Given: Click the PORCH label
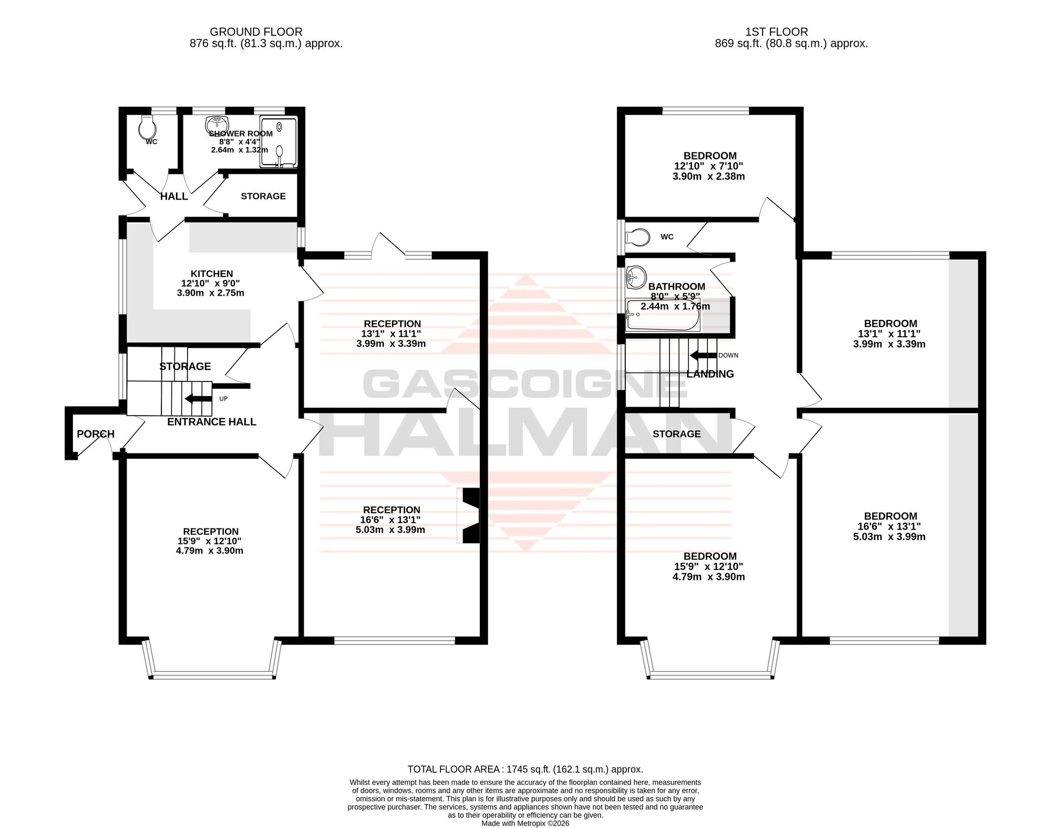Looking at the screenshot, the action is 96,434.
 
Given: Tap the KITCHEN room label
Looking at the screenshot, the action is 212,274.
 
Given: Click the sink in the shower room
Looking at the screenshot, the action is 215,124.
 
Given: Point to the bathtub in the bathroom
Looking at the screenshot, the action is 663,315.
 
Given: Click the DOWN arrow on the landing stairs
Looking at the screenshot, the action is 703,356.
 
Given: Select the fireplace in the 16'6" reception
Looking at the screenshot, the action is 468,515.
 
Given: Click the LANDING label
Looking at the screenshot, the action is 710,374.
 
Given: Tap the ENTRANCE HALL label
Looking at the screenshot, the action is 212,422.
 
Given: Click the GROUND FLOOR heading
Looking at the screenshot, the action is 256,32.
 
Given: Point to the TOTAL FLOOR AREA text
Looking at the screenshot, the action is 525,769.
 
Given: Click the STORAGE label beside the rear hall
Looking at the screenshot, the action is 263,196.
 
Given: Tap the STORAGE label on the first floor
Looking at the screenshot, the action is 677,434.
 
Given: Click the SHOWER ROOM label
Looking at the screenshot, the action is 241,133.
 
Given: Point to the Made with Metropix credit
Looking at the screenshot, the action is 525,823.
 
